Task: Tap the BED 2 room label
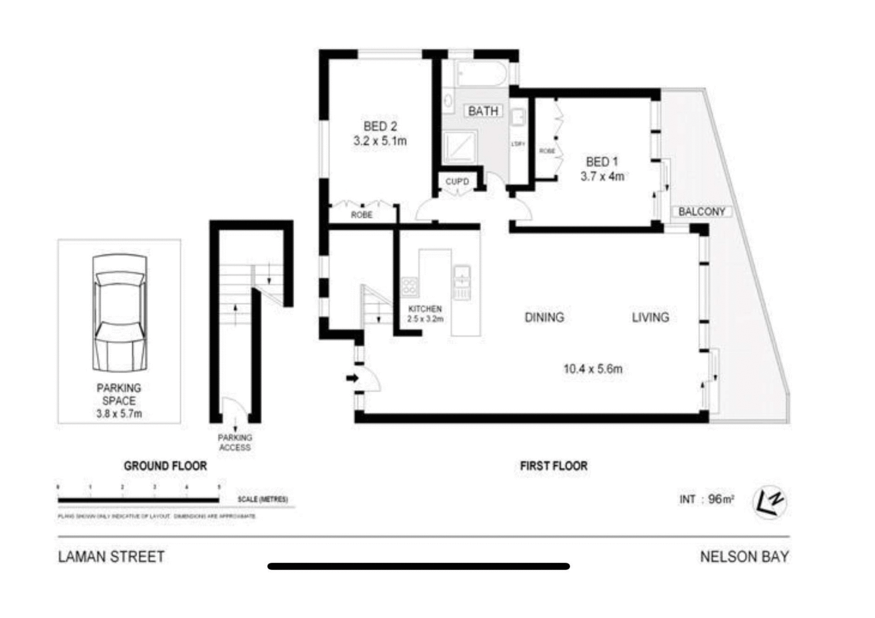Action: pyautogui.click(x=380, y=126)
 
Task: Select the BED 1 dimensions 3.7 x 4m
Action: pyautogui.click(x=602, y=177)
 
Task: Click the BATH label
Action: pyautogui.click(x=483, y=111)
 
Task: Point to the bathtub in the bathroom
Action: pyautogui.click(x=481, y=74)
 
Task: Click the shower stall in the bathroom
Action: pyautogui.click(x=459, y=147)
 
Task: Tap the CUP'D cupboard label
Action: pyautogui.click(x=457, y=181)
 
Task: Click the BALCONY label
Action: pyautogui.click(x=701, y=212)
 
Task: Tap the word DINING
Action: pyautogui.click(x=544, y=317)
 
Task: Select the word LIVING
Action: pyautogui.click(x=650, y=317)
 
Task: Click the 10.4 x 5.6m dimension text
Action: pyautogui.click(x=592, y=369)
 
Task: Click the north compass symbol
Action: pyautogui.click(x=770, y=503)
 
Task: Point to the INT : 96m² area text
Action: pyautogui.click(x=706, y=500)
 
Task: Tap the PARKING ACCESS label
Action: pyautogui.click(x=234, y=443)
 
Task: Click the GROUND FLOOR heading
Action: pyautogui.click(x=165, y=466)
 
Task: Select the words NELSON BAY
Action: pyautogui.click(x=744, y=557)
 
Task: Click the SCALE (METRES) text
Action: pyautogui.click(x=262, y=500)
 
